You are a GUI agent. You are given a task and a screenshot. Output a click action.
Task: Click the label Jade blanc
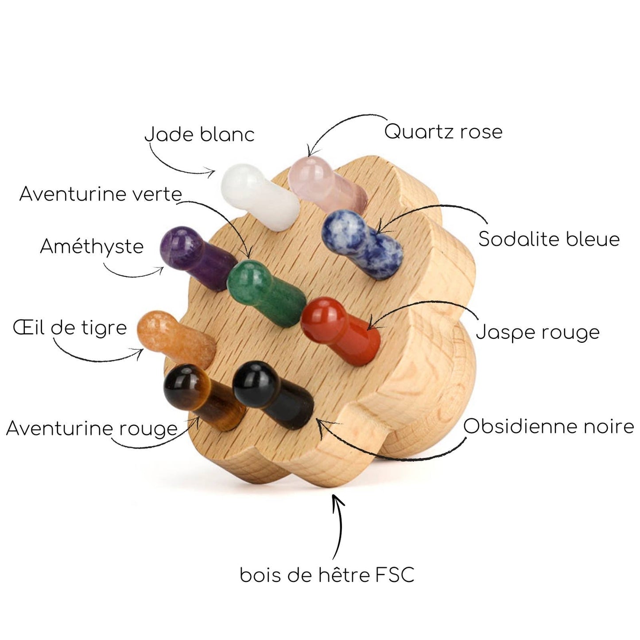200,134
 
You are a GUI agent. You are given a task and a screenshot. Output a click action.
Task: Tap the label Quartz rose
443,132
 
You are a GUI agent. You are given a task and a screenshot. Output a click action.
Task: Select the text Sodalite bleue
549,239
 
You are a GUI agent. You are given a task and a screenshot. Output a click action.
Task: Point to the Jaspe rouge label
538,332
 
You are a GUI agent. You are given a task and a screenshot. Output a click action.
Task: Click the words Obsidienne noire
548,427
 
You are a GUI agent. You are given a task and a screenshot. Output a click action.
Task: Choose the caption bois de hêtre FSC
327,575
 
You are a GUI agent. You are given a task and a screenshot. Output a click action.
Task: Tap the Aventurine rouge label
92,428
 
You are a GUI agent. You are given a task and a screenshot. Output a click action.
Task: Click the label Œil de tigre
70,328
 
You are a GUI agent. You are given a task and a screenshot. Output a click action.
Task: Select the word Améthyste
92,246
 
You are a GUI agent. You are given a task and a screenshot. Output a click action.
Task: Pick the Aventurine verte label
101,194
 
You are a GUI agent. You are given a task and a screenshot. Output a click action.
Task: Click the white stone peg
259,197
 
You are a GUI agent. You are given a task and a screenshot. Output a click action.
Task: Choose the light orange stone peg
173,339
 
